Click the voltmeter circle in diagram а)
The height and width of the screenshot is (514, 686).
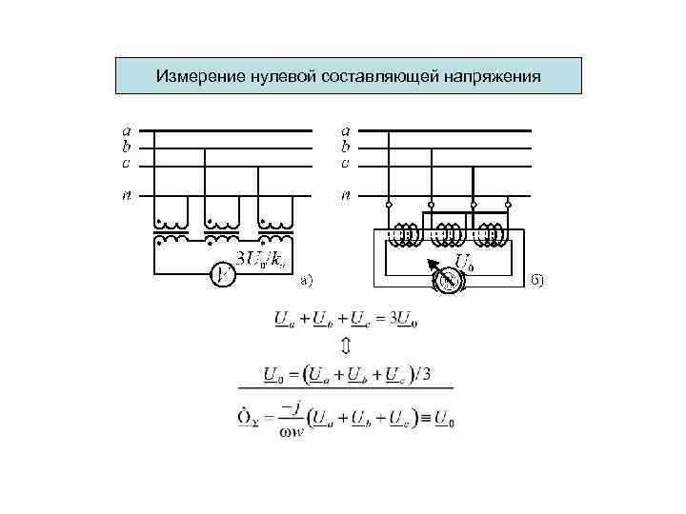(222, 275)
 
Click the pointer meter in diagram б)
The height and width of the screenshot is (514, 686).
(449, 279)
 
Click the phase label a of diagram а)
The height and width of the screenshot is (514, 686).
(125, 130)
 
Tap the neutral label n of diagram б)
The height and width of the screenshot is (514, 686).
(347, 196)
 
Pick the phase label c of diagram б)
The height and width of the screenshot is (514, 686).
(346, 163)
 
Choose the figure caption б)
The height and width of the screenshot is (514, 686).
(536, 279)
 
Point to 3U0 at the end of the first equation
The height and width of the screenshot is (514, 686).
(404, 317)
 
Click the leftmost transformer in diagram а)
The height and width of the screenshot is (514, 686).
(172, 228)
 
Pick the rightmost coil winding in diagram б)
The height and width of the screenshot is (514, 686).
(492, 234)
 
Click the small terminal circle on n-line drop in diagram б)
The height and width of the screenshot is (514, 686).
(389, 204)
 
